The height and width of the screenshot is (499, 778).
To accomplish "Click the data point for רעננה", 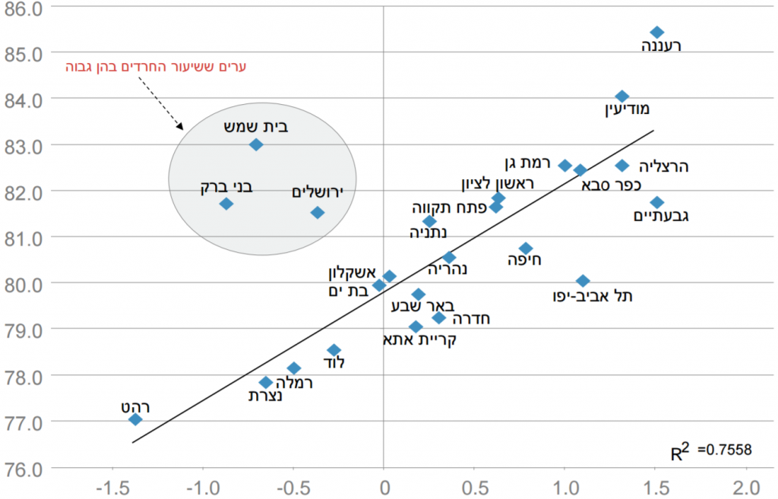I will pyautogui.click(x=657, y=32).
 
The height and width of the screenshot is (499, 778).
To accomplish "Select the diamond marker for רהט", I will pyautogui.click(x=135, y=419).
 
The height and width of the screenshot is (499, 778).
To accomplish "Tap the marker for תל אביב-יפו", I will pyautogui.click(x=583, y=281).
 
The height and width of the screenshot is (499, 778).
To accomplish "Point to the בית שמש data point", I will pyautogui.click(x=256, y=144).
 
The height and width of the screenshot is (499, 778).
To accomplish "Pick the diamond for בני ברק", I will pyautogui.click(x=226, y=204).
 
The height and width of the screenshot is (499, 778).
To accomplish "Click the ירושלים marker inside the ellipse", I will pyautogui.click(x=318, y=213).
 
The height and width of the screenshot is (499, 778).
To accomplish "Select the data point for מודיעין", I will pyautogui.click(x=621, y=96).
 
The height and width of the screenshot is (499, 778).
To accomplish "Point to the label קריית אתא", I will pyautogui.click(x=419, y=340).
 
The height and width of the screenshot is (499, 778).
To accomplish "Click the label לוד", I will pyautogui.click(x=334, y=363).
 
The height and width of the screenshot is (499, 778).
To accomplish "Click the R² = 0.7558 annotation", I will pyautogui.click(x=711, y=452).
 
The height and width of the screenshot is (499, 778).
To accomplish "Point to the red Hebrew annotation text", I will pyautogui.click(x=157, y=67).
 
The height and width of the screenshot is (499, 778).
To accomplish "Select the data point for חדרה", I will pyautogui.click(x=438, y=317).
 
